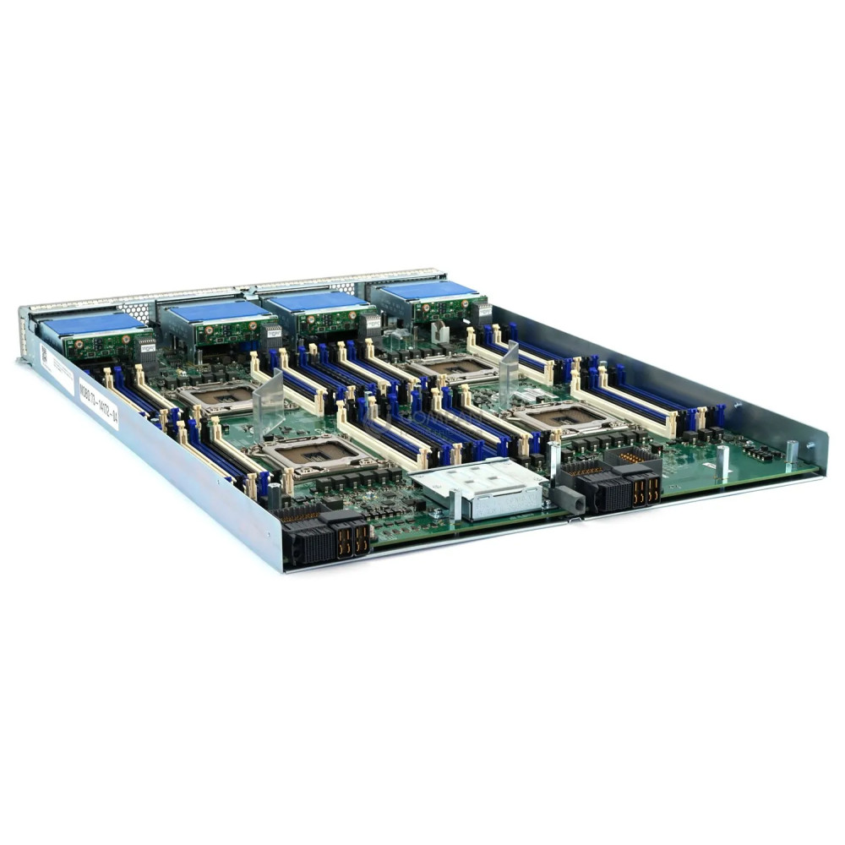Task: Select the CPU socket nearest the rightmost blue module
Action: (x=457, y=364)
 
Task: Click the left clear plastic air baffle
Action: (x=269, y=405)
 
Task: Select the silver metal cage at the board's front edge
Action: (x=477, y=488)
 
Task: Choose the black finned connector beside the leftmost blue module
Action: (x=146, y=347)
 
